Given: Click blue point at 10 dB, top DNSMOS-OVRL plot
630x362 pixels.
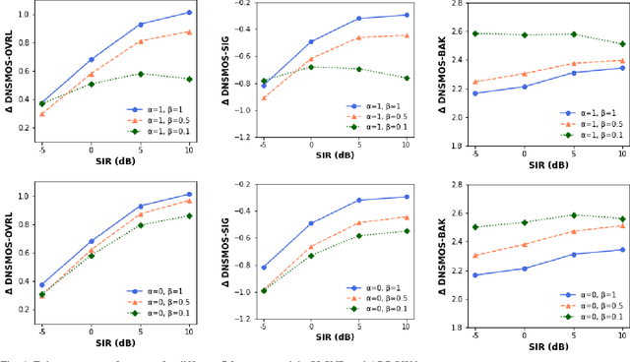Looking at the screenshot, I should (189, 13).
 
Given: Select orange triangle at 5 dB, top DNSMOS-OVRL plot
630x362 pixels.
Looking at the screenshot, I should (140, 41).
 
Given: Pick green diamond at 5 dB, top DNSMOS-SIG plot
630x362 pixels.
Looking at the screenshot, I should (359, 69).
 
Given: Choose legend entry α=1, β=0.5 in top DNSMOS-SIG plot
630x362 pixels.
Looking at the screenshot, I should (379, 116).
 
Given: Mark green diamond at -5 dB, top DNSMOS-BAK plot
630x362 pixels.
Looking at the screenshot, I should (476, 33).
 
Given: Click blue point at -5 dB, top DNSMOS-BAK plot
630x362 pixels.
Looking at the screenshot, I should (476, 93).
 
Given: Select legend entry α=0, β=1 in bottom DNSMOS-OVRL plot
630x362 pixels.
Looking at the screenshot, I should (159, 291).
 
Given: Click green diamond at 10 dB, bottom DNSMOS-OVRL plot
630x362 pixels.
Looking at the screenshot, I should (189, 215).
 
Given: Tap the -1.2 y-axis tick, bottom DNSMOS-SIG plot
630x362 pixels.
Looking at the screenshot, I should (240, 319).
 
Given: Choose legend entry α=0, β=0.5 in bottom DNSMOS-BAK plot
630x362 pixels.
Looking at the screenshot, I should (595, 305).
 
